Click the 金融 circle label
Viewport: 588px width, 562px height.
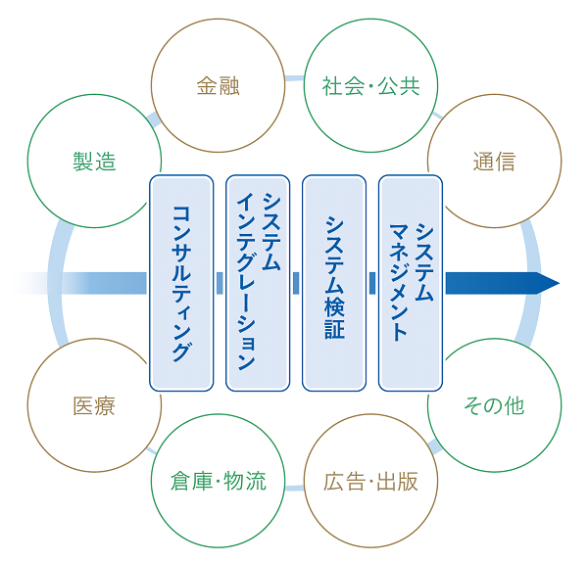pos(218,86)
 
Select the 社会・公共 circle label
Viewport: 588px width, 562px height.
pos(370,86)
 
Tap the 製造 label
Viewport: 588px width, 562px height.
pos(94,162)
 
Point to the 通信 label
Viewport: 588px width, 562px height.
pos(494,162)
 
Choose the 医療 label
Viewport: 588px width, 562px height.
pos(94,405)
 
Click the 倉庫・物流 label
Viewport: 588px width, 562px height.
pos(218,481)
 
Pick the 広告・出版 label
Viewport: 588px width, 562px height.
pos(370,481)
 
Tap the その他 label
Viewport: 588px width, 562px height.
pos(494,405)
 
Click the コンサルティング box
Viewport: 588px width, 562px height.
pos(181,283)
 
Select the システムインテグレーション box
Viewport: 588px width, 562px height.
pos(258,283)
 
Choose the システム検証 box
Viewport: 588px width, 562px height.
pos(334,283)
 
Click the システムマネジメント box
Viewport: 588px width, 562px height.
pos(411,283)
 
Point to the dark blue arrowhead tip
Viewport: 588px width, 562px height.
pos(560,283)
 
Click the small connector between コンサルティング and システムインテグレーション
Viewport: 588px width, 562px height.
pos(220,283)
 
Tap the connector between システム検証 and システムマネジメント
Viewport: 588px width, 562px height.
pos(372,283)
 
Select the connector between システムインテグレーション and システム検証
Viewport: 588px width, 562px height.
pos(296,283)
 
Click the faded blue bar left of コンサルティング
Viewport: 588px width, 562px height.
pos(80,283)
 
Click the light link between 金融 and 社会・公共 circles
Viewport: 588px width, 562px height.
pos(294,78)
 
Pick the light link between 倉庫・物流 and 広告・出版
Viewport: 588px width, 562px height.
pos(294,488)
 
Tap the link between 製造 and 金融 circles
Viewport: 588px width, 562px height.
pos(154,119)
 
